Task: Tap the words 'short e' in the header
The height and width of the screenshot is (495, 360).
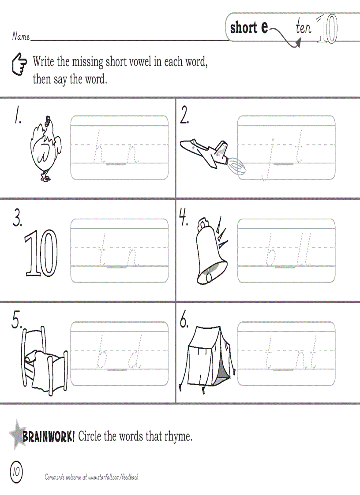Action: pyautogui.click(x=249, y=28)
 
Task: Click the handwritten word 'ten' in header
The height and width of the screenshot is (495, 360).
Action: pyautogui.click(x=304, y=28)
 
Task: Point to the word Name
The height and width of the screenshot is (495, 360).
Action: pyautogui.click(x=21, y=37)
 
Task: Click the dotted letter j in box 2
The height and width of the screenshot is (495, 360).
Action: pyautogui.click(x=269, y=159)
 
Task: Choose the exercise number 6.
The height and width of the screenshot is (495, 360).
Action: pyautogui.click(x=184, y=322)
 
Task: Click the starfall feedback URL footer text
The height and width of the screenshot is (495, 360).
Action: pyautogui.click(x=92, y=477)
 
